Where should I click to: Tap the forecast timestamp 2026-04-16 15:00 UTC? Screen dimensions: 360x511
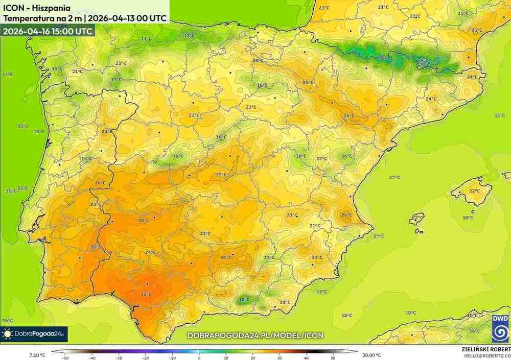click(48, 31)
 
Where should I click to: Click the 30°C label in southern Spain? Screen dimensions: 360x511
click(146, 294)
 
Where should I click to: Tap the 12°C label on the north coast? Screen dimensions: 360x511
click(189, 35)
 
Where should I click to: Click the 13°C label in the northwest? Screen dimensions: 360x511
click(117, 80)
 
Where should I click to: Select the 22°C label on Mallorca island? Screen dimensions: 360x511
click(474, 191)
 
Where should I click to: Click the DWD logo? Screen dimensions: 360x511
click(500, 328)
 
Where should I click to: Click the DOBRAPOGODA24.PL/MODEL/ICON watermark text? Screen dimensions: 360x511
click(255, 335)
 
